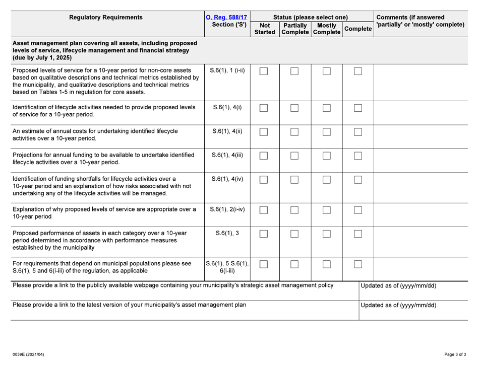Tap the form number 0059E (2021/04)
pyautogui.click(x=28, y=354)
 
